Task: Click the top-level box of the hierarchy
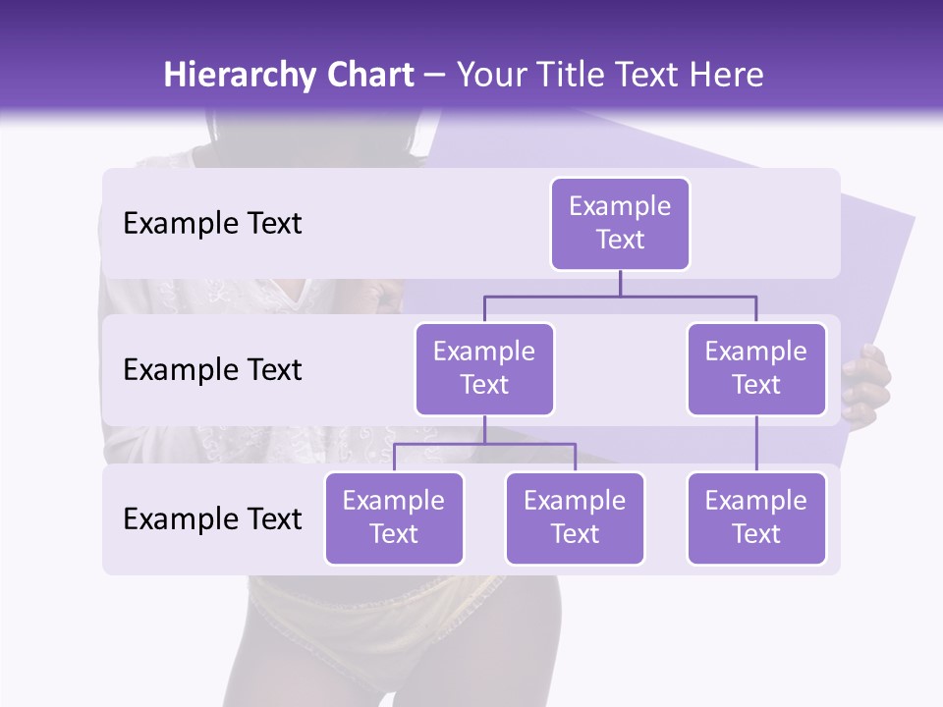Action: point(620,224)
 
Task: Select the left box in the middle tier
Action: point(484,369)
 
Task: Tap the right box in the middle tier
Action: point(756,369)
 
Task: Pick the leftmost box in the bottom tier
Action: point(394,518)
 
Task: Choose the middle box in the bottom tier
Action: point(575,518)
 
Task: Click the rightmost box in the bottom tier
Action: point(756,518)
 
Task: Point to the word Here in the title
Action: point(727,75)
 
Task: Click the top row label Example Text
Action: point(212,224)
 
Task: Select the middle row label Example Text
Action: point(212,370)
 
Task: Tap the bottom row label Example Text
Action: point(212,518)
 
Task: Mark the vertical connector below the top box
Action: point(620,283)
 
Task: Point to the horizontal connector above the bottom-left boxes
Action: point(484,444)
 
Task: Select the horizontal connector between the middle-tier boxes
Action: point(620,296)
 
